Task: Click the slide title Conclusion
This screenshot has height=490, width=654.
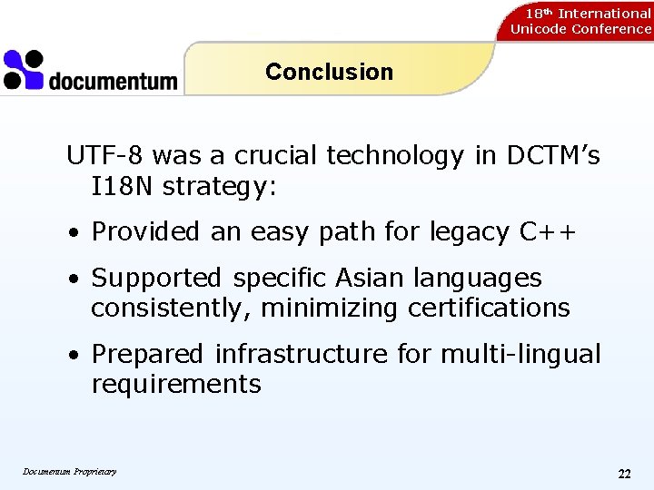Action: (329, 72)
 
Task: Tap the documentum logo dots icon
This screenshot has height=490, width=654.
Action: (24, 70)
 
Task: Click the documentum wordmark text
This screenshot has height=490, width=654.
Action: (113, 82)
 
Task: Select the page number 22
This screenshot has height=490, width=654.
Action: (624, 474)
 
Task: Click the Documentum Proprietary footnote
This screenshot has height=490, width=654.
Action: (70, 471)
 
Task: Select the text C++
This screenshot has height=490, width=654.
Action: (548, 232)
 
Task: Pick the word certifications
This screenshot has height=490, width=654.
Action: (489, 309)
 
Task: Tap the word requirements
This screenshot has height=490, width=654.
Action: (175, 385)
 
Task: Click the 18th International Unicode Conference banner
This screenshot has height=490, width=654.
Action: (580, 21)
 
